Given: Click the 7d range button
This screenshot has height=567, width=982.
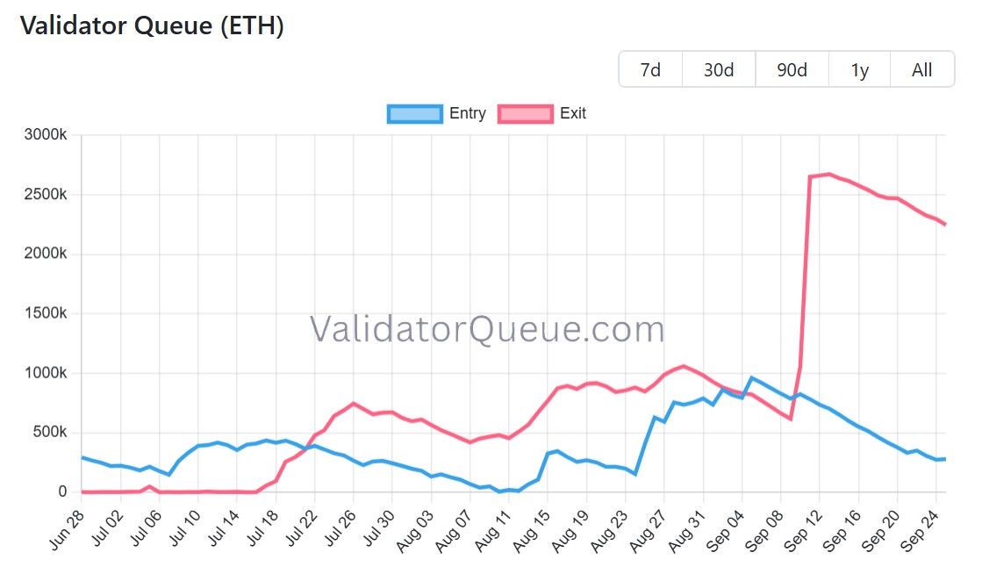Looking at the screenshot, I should pos(650,69).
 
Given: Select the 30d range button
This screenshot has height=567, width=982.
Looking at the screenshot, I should pos(719,69).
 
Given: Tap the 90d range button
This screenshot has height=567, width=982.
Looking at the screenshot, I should pos(792,69).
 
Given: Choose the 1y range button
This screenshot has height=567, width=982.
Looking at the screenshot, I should pos(859,69).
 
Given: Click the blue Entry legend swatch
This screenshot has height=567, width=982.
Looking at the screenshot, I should pos(414,113).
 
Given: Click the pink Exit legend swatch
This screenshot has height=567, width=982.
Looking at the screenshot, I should pos(525,113).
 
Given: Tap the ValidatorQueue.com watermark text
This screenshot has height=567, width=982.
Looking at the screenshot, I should pos(487,330).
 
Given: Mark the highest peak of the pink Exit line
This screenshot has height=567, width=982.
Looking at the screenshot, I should pos(829,174).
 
